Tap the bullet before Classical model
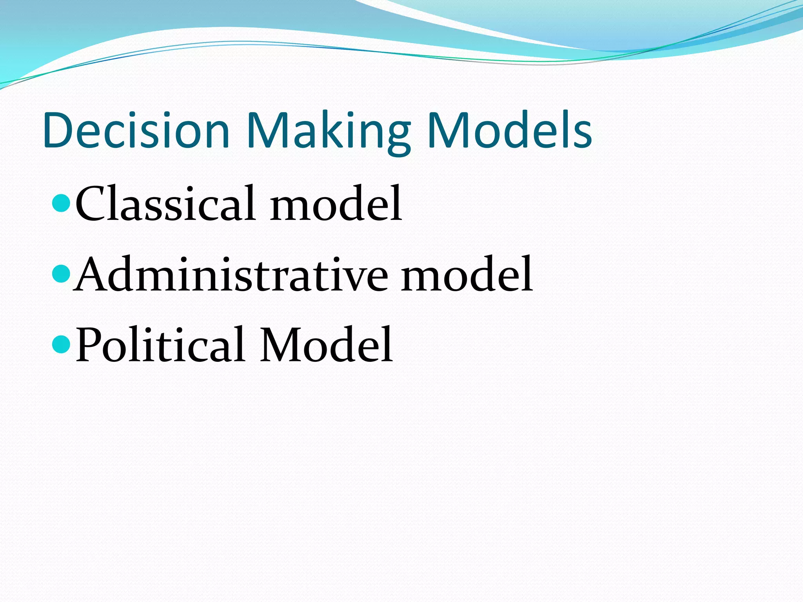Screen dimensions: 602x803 [x=61, y=203]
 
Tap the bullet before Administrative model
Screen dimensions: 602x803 [x=61, y=273]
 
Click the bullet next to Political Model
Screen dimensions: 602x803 [x=61, y=344]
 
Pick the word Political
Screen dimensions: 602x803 [x=161, y=345]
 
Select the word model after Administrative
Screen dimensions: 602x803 [x=467, y=274]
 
